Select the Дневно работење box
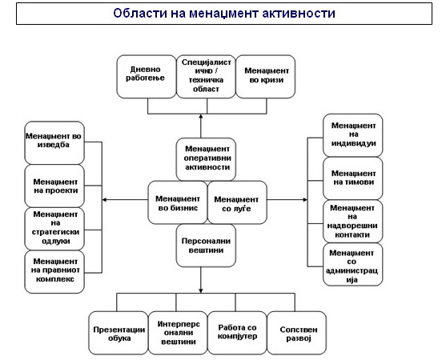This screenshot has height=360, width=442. [x=147, y=77]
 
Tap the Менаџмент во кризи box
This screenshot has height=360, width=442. [x=266, y=77]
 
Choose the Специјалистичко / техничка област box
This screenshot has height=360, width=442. [x=206, y=77]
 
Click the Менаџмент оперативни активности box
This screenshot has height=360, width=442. [x=206, y=159]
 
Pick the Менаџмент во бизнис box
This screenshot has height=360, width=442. [x=178, y=202]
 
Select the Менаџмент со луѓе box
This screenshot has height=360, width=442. [x=237, y=202]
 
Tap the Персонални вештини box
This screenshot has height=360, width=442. [x=206, y=246]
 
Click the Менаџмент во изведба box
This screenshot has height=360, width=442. [x=54, y=143]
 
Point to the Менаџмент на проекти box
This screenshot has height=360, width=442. [x=54, y=186]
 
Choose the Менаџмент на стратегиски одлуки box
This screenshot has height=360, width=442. [x=54, y=229]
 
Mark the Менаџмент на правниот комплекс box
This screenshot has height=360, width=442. [x=54, y=272]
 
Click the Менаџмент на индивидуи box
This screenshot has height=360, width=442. [x=352, y=135]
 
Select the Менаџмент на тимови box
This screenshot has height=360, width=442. [x=352, y=178]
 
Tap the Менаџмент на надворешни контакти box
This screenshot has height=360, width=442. [x=352, y=221]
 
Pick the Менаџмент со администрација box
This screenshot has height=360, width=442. [x=352, y=264]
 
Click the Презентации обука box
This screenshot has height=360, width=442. [x=119, y=333]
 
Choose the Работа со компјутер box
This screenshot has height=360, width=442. [x=237, y=333]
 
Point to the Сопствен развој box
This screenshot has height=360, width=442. [x=296, y=333]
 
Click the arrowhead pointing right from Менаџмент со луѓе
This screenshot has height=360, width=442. [x=305, y=200]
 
